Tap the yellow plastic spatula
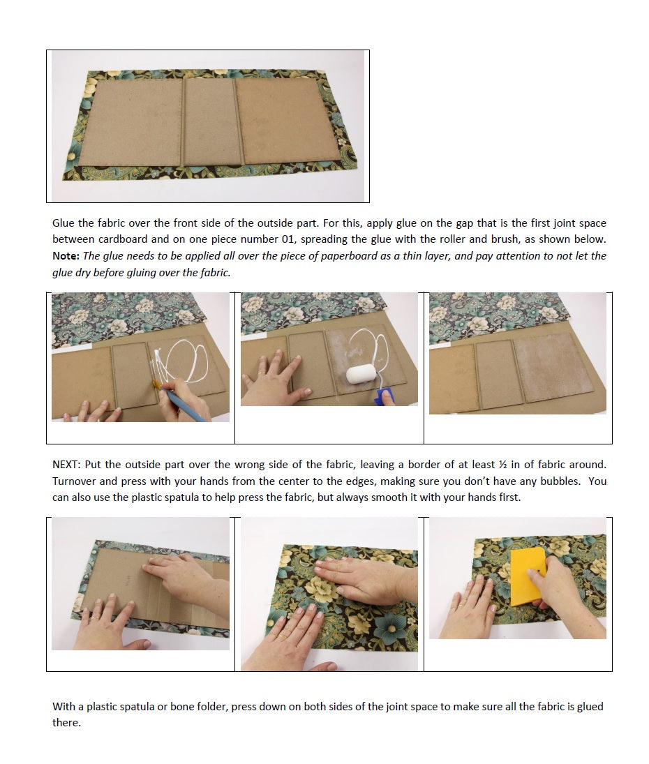pyautogui.click(x=526, y=577)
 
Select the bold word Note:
pyautogui.click(x=66, y=256)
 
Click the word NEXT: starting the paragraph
pyautogui.click(x=68, y=465)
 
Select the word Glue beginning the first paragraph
pyautogui.click(x=64, y=223)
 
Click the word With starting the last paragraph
pyautogui.click(x=64, y=707)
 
